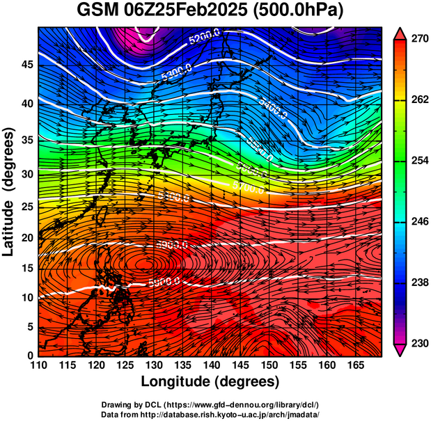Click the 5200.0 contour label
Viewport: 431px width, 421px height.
tap(205, 36)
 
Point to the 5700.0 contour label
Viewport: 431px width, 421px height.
tap(249, 188)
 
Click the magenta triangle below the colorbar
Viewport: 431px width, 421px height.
tap(400, 351)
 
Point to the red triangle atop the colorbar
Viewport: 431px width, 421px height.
tap(400, 32)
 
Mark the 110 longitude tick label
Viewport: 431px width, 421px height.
tap(38, 365)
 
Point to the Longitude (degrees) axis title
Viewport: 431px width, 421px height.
tap(210, 381)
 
